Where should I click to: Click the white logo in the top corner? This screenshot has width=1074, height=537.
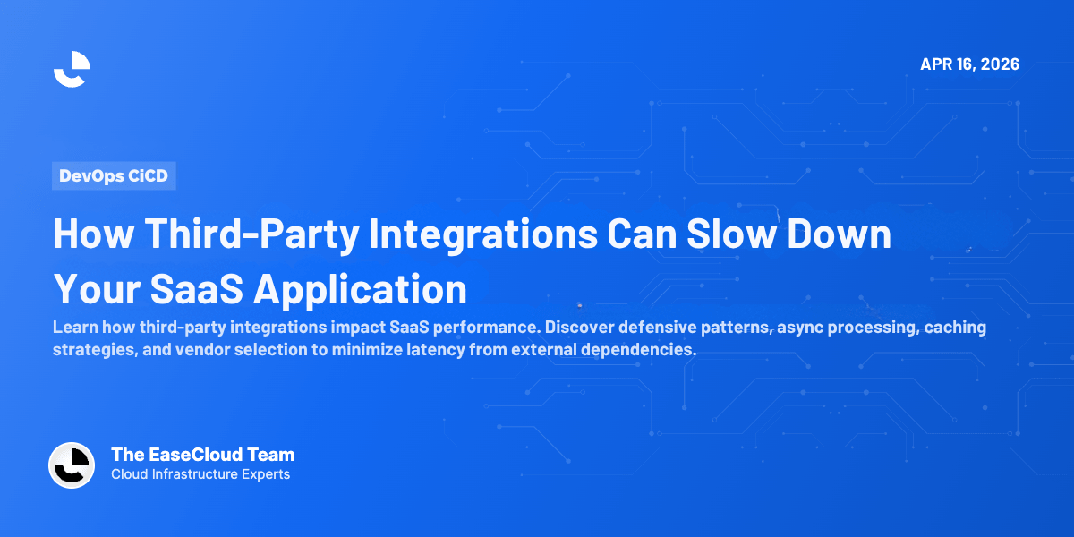(72, 69)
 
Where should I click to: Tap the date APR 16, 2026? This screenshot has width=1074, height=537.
(969, 64)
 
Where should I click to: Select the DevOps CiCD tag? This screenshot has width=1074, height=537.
(114, 175)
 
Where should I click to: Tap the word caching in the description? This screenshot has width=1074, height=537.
(956, 328)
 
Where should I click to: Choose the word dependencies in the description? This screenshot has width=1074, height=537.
(636, 350)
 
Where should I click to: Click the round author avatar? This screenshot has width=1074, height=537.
(72, 465)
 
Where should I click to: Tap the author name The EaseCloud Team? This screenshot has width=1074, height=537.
(202, 455)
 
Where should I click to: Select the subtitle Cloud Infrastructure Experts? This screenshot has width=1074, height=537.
(200, 474)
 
